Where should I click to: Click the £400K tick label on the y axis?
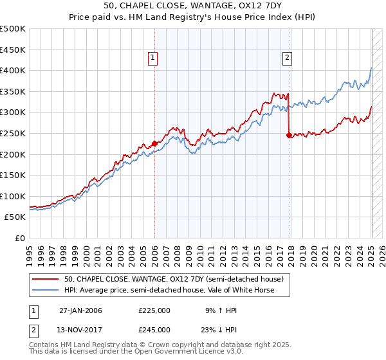[x=13, y=70]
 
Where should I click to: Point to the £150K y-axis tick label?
[x=13, y=175]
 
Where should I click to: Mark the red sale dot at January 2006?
[x=155, y=143]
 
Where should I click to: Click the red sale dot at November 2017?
[x=289, y=135]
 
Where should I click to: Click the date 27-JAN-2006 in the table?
[x=80, y=310]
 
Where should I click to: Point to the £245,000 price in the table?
[x=154, y=329]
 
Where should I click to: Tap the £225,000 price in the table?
[x=154, y=310]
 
